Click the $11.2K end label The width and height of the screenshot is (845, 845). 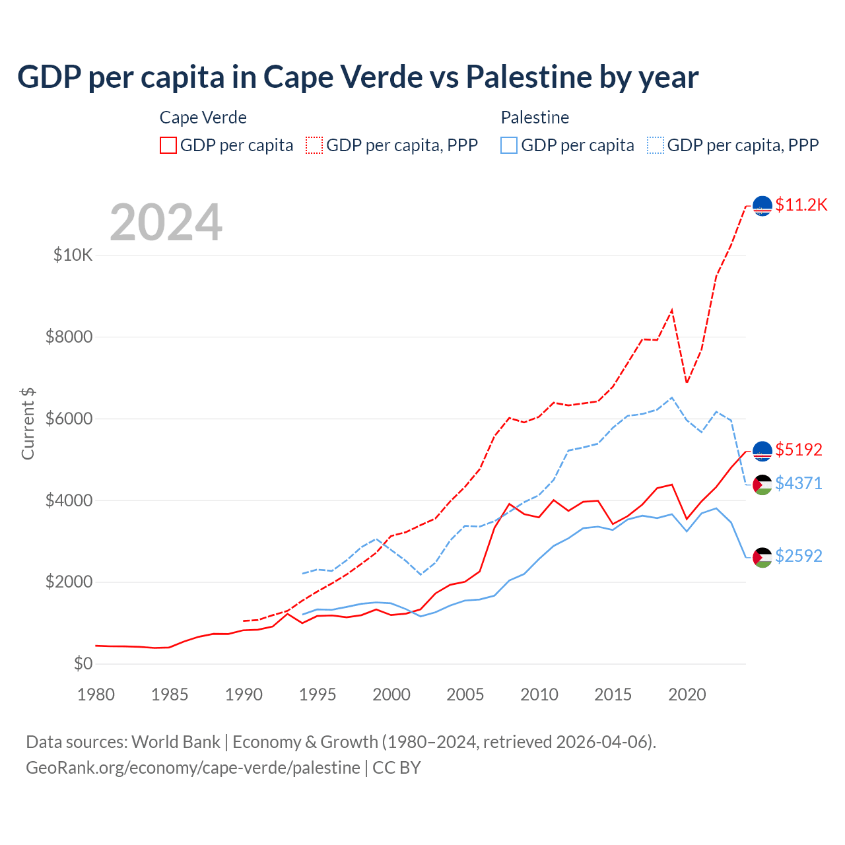click(x=801, y=205)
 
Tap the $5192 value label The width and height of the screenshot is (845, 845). click(x=798, y=450)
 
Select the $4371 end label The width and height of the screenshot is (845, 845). click(x=798, y=483)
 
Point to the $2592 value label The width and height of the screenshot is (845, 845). click(x=798, y=556)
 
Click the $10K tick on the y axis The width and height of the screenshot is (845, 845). click(x=73, y=255)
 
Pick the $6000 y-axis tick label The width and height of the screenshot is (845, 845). click(x=69, y=419)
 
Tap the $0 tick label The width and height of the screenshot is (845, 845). click(x=83, y=663)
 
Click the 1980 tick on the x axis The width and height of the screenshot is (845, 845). click(x=96, y=694)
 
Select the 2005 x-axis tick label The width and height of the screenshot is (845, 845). click(x=465, y=694)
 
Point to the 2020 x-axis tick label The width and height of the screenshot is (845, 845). click(x=687, y=694)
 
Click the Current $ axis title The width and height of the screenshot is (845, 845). click(x=28, y=424)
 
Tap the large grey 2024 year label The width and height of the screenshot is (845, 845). click(x=166, y=222)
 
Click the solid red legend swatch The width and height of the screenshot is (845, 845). click(x=168, y=145)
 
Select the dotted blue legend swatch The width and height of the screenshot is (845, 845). click(x=656, y=145)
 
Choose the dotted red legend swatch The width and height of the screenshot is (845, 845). click(x=314, y=145)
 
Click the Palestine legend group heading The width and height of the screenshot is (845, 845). click(x=535, y=118)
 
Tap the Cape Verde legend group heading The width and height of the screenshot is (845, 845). click(x=203, y=118)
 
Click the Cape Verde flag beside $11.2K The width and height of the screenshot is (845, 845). click(x=762, y=206)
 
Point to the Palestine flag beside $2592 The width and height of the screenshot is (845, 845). click(x=762, y=557)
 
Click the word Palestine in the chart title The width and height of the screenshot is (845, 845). click(x=529, y=77)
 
